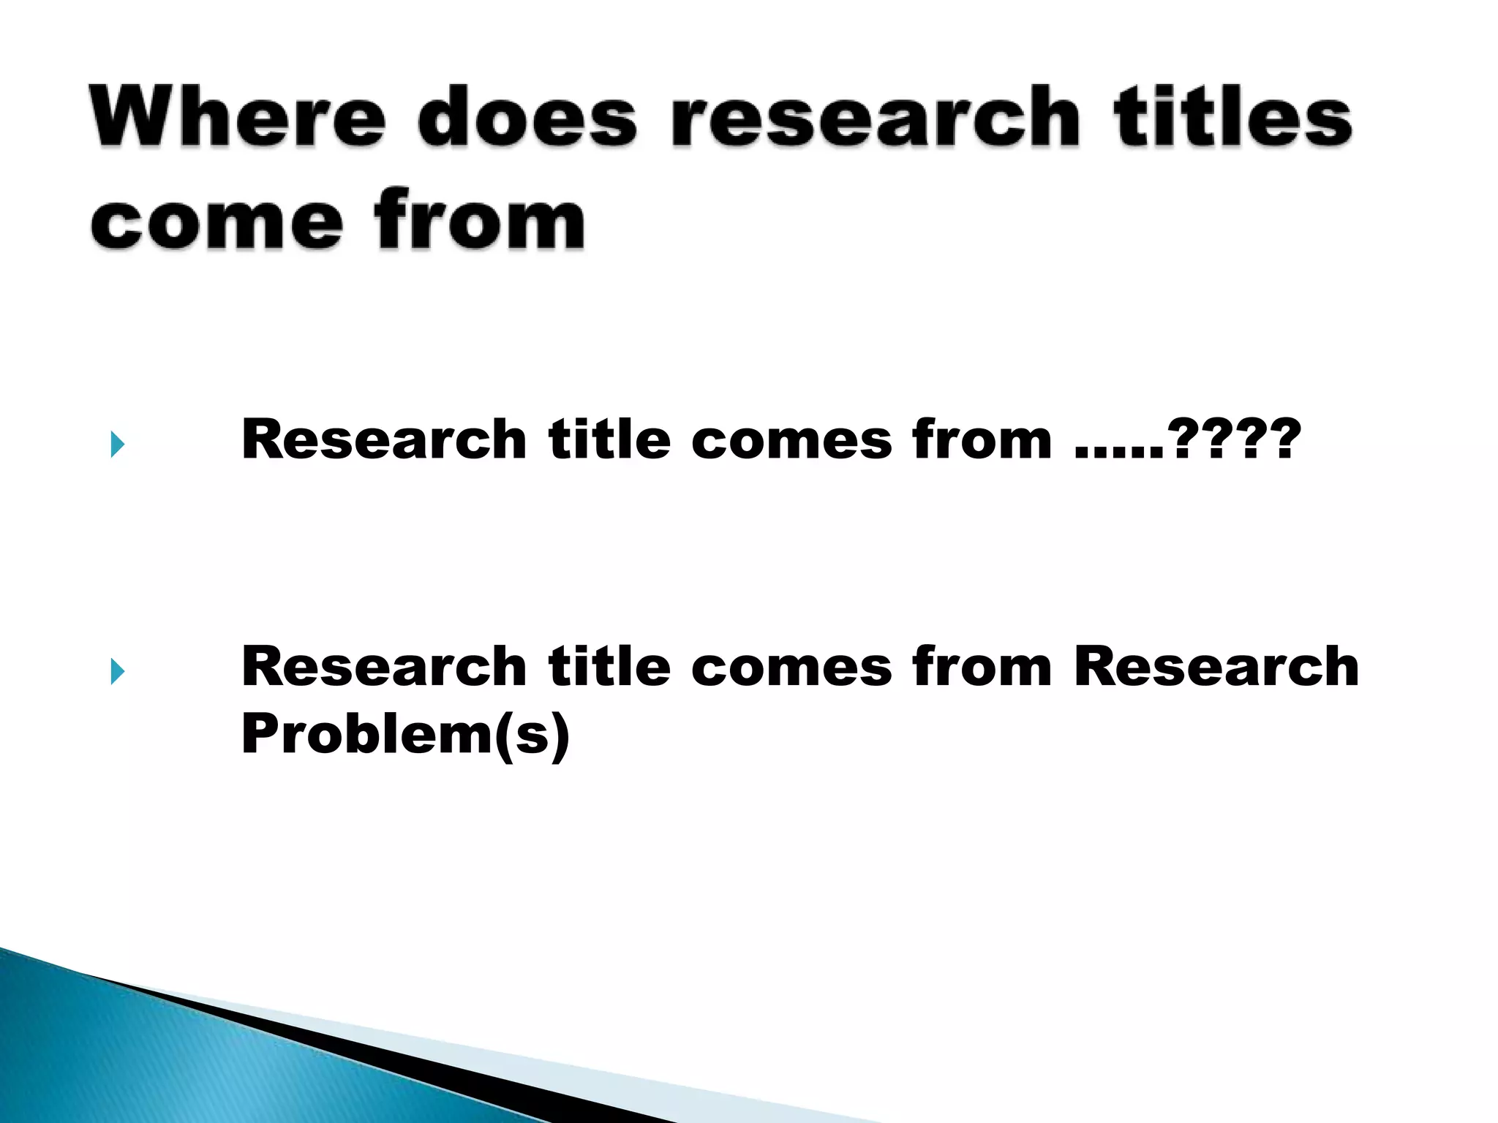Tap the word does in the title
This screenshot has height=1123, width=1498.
coord(527,117)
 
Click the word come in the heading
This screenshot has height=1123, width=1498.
coord(217,220)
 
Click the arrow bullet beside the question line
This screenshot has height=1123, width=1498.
coord(118,444)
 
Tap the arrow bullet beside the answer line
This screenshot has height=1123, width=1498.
coord(118,670)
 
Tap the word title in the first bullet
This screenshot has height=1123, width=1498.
coord(609,439)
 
